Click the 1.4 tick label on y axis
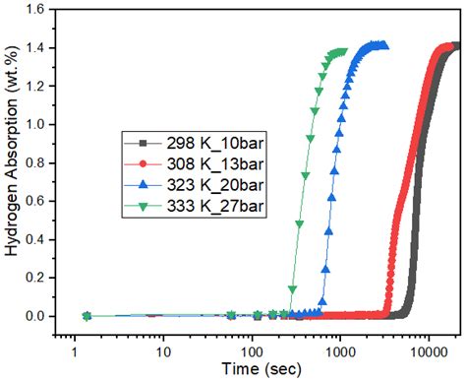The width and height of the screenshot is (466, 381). pos(37,48)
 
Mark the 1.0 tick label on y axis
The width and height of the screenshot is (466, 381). pos(37,125)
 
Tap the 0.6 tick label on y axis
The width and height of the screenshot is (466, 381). pos(37,202)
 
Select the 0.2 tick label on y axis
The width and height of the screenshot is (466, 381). pos(37,278)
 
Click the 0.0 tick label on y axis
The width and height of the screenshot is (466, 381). pos(37,316)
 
